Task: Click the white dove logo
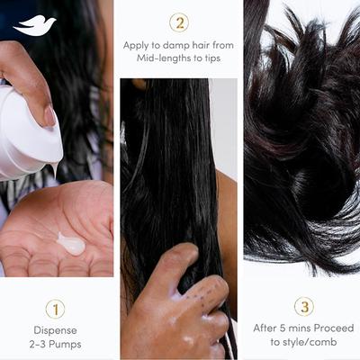[35, 25]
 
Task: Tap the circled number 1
[56, 310]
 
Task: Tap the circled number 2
[179, 22]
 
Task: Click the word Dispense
[56, 330]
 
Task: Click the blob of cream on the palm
[70, 242]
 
